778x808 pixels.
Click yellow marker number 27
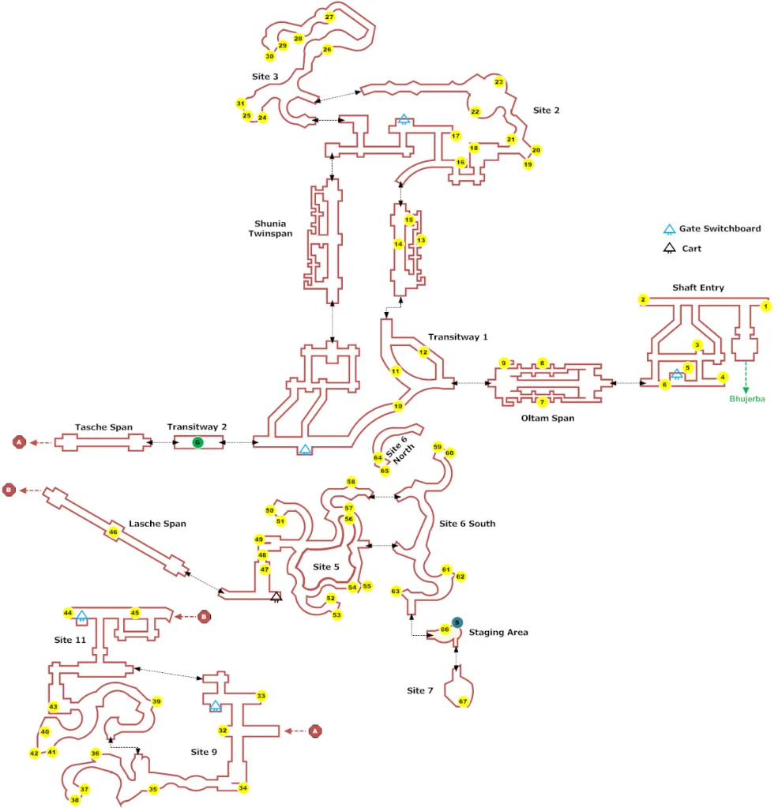pos(329,17)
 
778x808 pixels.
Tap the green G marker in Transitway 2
pos(197,442)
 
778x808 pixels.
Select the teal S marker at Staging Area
pos(457,622)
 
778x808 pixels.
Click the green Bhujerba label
pos(746,398)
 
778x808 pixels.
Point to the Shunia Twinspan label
pos(270,228)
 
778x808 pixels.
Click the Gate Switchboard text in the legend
pos(720,228)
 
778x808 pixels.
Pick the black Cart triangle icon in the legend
pos(669,248)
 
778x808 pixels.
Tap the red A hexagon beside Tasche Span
pos(19,442)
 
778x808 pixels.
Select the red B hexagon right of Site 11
pos(204,616)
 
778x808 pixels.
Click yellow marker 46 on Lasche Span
pos(113,532)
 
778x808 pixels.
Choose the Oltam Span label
pos(547,418)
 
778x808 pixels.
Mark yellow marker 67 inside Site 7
pos(463,701)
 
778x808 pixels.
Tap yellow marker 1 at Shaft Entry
pos(765,306)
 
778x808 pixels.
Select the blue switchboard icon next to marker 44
pos(81,616)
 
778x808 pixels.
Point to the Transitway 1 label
pos(457,336)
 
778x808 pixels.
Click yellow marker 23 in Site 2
pos(498,81)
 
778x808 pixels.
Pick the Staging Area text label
pos(498,633)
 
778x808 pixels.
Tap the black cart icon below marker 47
pos(276,597)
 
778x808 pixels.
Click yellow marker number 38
pos(75,800)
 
